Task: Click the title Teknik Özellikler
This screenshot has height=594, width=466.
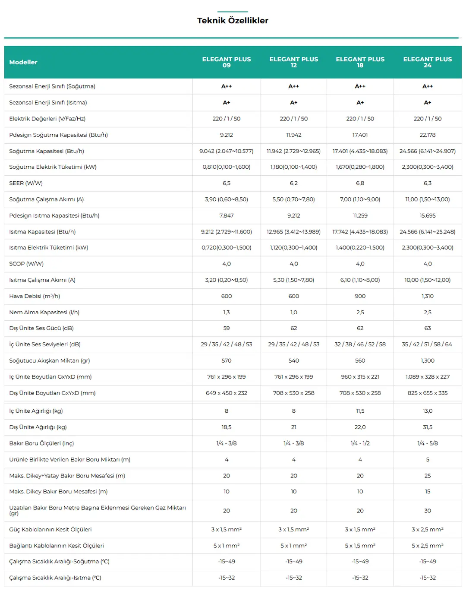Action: (x=233, y=20)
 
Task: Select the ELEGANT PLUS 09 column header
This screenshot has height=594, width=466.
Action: (x=227, y=62)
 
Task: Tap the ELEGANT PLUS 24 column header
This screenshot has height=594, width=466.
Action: (x=427, y=62)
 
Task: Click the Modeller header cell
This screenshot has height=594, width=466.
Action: (x=23, y=62)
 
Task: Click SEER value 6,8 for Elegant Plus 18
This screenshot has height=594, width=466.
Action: (x=360, y=183)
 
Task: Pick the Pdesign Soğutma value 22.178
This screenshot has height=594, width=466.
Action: (x=427, y=135)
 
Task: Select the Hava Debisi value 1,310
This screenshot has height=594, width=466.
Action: (x=427, y=296)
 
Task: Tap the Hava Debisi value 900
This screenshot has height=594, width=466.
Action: (x=360, y=296)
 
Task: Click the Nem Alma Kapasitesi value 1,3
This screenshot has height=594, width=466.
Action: (x=227, y=312)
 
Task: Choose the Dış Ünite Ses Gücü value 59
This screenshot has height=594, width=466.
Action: (x=227, y=328)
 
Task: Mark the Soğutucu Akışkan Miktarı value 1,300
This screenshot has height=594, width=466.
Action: (x=427, y=360)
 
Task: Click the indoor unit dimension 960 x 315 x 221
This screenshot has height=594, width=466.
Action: (x=360, y=376)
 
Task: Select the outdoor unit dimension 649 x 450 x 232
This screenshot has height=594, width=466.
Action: (x=227, y=393)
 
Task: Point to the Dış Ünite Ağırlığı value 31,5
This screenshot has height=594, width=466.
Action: (x=427, y=427)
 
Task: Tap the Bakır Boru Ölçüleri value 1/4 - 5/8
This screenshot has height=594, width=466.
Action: (x=427, y=443)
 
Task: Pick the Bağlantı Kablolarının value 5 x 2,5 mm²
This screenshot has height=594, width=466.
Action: (x=427, y=546)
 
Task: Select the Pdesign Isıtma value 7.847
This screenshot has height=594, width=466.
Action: (x=227, y=215)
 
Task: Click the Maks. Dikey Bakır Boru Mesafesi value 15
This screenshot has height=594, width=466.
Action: (x=427, y=491)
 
